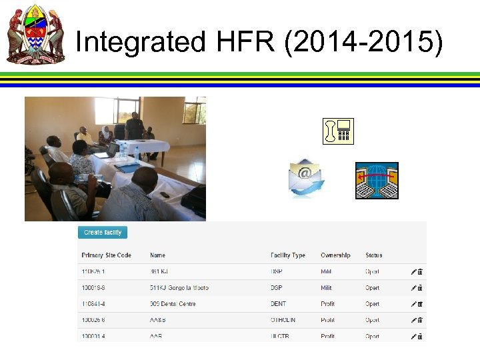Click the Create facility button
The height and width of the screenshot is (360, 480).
(103, 233)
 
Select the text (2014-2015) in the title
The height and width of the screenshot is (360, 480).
(363, 42)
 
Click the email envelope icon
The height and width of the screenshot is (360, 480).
(307, 178)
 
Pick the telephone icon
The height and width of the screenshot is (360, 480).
(338, 131)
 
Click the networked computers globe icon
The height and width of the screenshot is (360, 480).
(377, 181)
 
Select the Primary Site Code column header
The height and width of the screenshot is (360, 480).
(106, 255)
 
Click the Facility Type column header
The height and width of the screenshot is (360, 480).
(288, 255)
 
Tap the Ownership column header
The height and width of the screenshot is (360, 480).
(335, 255)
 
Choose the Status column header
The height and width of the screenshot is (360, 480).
(373, 255)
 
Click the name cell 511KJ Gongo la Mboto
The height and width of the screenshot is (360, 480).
(179, 288)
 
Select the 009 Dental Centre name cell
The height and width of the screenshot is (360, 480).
(173, 304)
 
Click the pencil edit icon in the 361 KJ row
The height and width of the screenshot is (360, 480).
(413, 272)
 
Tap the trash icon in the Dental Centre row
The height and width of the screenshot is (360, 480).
(421, 304)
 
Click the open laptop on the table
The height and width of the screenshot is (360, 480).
(109, 151)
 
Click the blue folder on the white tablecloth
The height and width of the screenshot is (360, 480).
(127, 168)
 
